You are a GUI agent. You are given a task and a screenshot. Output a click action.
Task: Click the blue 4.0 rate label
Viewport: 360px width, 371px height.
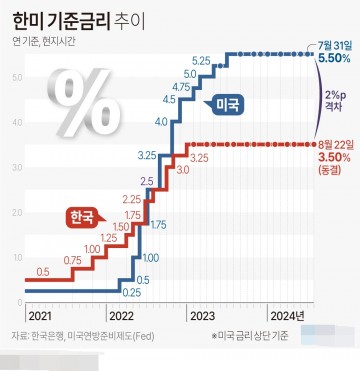161,121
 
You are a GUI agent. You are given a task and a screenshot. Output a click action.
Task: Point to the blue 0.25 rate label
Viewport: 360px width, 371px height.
131,293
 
